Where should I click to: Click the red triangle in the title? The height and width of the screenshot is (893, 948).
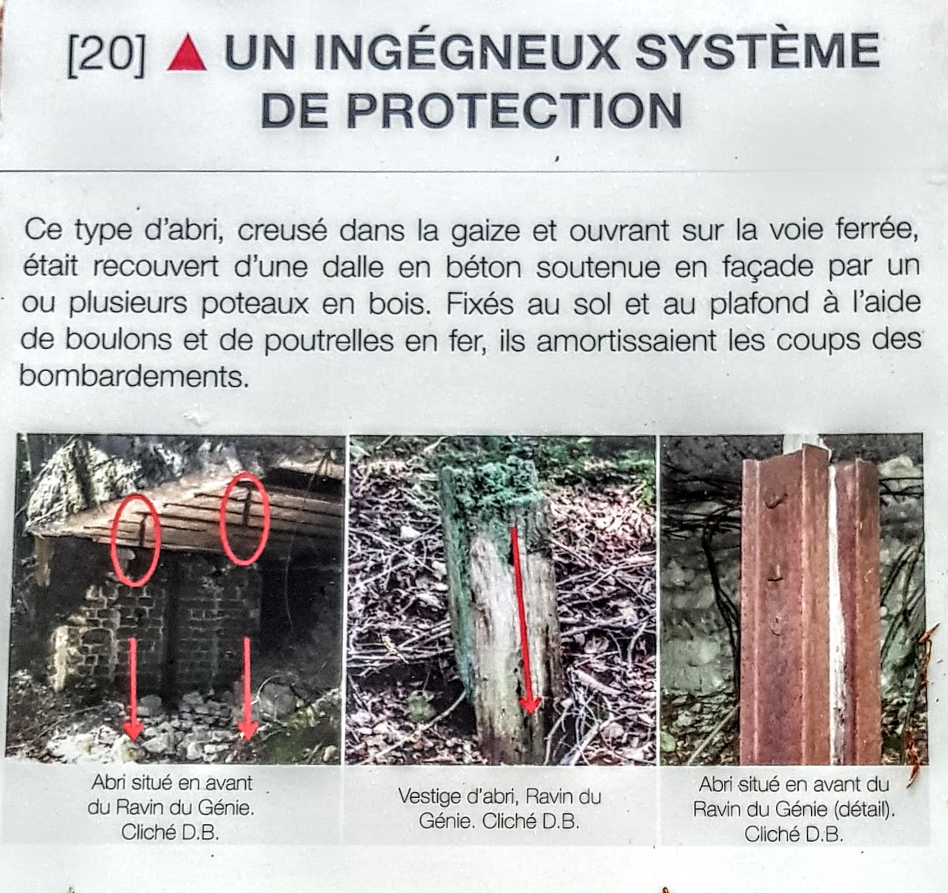click(187, 53)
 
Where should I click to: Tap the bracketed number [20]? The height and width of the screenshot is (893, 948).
click(107, 54)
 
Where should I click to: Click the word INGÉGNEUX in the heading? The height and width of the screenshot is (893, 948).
click(422, 52)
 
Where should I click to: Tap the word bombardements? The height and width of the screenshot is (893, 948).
click(135, 376)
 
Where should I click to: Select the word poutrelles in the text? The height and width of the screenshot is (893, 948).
click(329, 341)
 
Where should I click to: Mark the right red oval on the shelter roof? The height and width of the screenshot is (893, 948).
click(244, 519)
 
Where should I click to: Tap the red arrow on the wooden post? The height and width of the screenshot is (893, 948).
click(522, 619)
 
